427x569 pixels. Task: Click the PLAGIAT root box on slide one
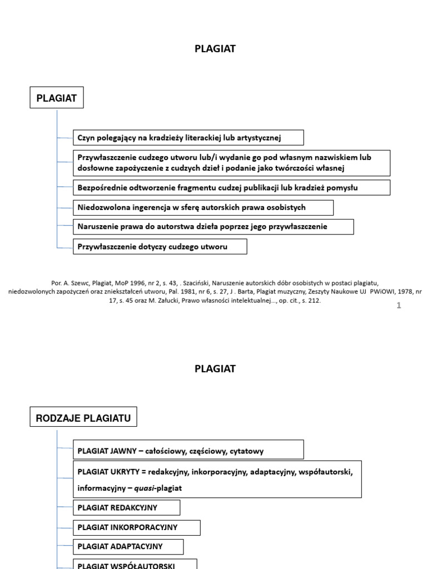tap(56, 99)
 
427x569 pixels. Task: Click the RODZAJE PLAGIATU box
tap(83, 418)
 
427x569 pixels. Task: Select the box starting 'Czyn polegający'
tap(188, 137)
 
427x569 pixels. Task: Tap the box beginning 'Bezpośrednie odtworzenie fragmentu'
tap(231, 188)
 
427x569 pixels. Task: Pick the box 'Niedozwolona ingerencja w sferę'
tap(203, 207)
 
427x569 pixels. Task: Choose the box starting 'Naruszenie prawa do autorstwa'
tap(213, 227)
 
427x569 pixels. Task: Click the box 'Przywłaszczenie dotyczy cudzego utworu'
tap(160, 246)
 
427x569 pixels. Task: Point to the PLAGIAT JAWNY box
tap(188, 451)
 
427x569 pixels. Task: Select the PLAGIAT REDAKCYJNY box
tap(127, 507)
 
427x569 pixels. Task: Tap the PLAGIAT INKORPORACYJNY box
tap(137, 527)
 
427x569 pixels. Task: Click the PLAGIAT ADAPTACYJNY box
tap(128, 547)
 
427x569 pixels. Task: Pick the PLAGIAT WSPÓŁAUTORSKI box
tap(135, 565)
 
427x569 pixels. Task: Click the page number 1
tap(399, 305)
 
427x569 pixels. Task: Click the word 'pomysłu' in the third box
tap(342, 188)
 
